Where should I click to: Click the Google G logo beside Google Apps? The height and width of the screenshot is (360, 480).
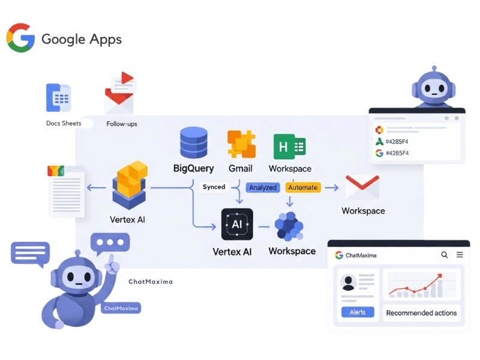(20, 38)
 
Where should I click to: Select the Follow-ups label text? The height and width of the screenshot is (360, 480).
(122, 124)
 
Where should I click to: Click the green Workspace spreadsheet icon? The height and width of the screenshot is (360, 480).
(290, 146)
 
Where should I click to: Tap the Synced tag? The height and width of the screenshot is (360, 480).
(214, 187)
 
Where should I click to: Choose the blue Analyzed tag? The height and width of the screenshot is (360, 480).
(263, 188)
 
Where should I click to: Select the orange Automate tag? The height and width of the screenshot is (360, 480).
(303, 188)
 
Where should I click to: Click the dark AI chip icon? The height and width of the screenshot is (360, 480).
(237, 224)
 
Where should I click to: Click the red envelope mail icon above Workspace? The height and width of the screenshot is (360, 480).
(362, 188)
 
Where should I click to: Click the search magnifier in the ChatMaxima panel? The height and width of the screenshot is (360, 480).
(445, 255)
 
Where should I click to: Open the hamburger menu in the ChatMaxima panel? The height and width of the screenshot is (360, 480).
(460, 255)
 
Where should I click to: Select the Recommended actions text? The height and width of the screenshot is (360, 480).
(421, 313)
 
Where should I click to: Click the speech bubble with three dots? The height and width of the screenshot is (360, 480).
(110, 242)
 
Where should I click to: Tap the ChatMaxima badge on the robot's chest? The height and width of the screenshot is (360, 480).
(121, 308)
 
